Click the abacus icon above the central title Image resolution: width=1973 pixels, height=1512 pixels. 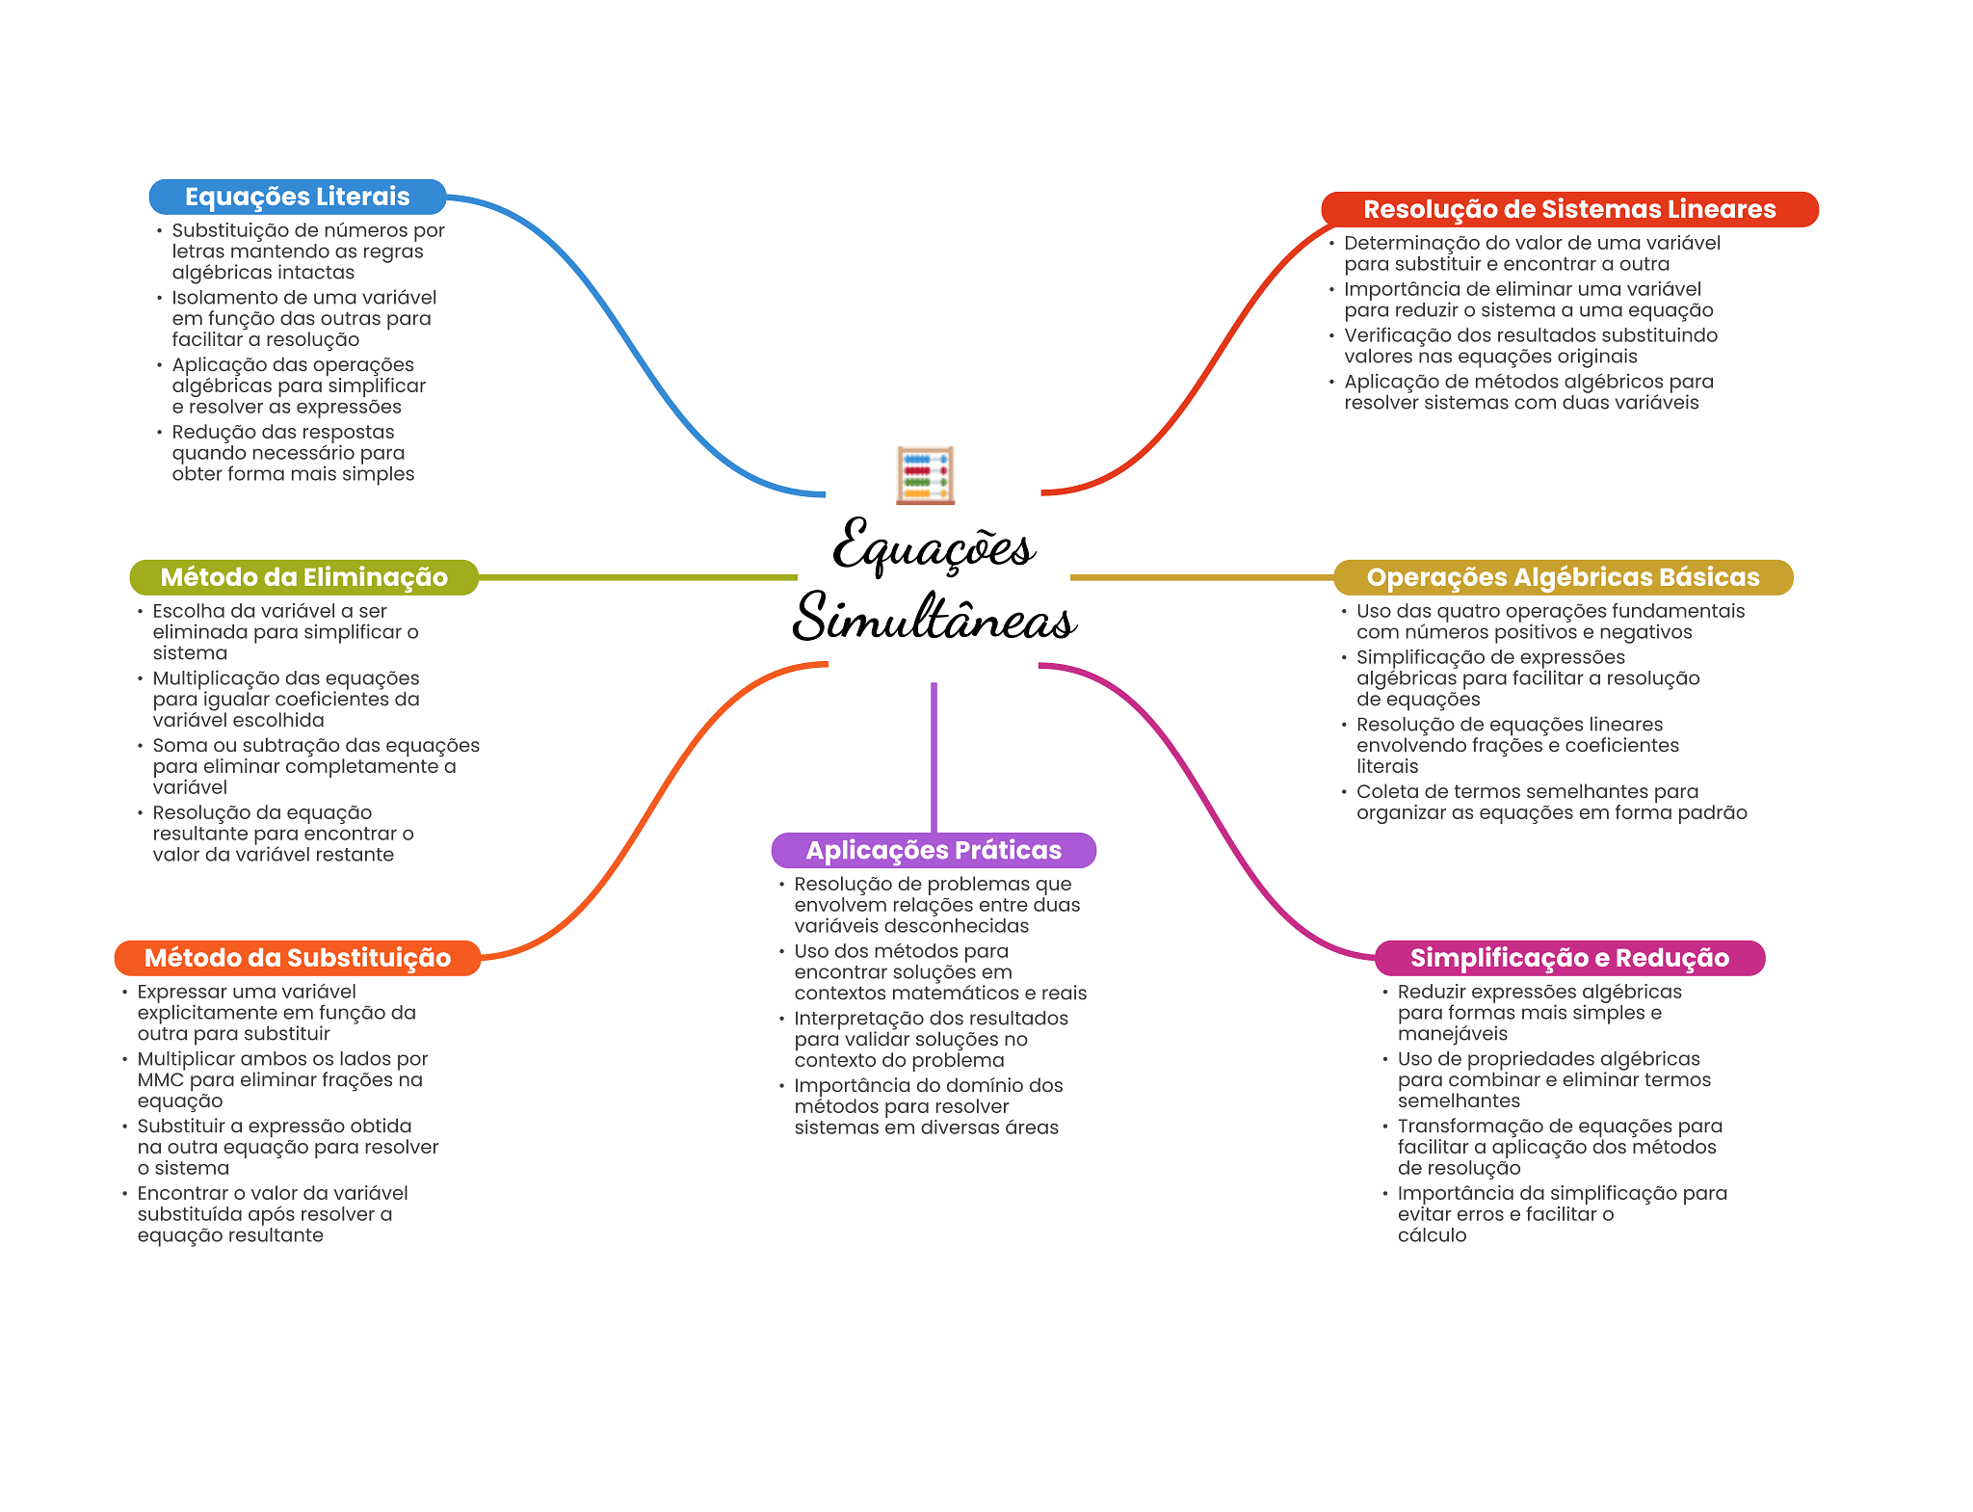925,475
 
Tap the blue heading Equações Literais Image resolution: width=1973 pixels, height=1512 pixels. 297,197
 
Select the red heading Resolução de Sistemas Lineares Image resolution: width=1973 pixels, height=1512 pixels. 1568,209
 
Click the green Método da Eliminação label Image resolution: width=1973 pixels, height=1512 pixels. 303,577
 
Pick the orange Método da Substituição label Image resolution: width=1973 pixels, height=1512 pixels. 297,958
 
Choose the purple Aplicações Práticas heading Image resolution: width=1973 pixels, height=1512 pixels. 934,850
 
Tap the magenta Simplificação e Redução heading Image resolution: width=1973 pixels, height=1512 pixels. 1568,958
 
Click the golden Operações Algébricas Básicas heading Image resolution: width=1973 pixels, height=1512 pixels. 1563,577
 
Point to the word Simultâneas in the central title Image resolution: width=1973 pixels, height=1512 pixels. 934,618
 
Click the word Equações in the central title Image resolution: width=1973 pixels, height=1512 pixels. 934,546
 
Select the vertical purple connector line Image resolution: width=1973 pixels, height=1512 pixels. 934,756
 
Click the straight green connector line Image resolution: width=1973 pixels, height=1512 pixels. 636,577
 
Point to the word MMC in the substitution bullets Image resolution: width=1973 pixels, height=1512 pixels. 160,1079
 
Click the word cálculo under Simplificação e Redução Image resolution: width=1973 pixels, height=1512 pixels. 1432,1235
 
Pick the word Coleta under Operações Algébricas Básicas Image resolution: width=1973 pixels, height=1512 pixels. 1388,791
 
